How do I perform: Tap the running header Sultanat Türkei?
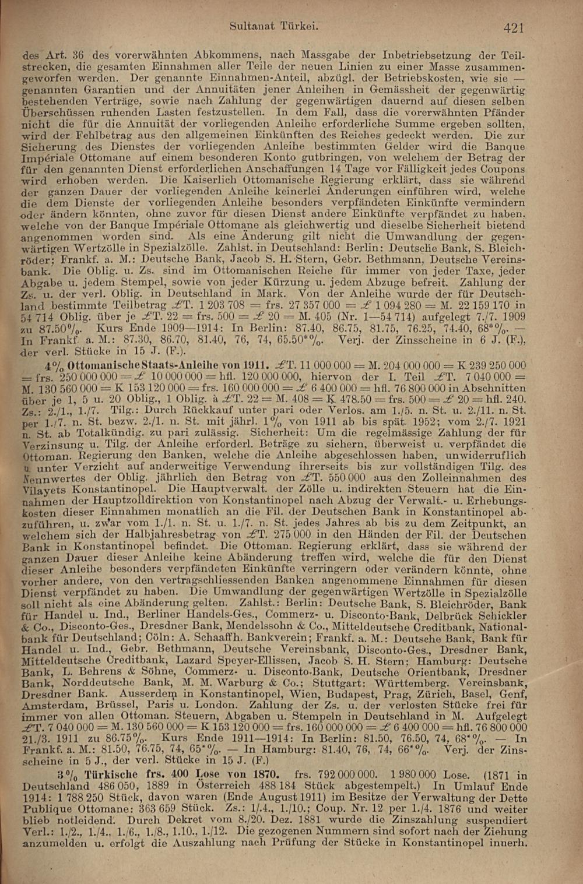click(273, 26)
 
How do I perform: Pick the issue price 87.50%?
click(60, 329)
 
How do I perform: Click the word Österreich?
click(228, 787)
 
